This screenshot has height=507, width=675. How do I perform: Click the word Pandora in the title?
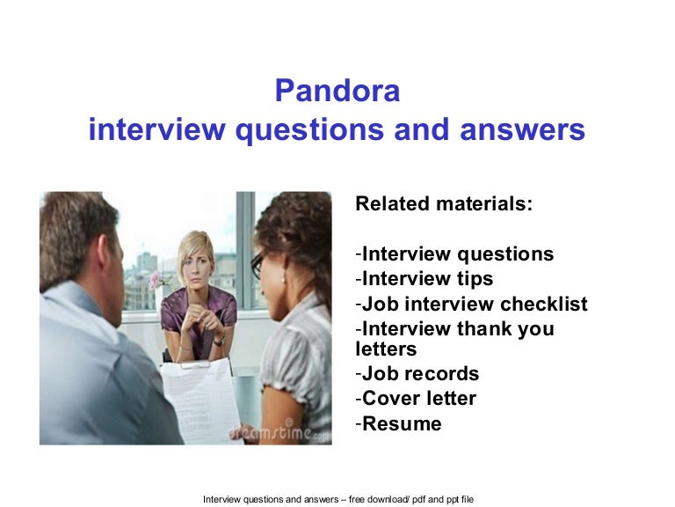(x=337, y=91)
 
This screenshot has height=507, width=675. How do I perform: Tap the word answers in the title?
(x=522, y=129)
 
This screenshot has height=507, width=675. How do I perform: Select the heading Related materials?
(x=444, y=203)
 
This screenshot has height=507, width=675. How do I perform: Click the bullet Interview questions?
(x=454, y=253)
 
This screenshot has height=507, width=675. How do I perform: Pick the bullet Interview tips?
(x=425, y=278)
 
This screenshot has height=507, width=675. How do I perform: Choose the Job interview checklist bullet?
(x=471, y=304)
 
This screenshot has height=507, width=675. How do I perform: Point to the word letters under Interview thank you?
(x=386, y=349)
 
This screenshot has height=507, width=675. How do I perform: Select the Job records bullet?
(x=417, y=373)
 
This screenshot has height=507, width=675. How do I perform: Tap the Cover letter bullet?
(x=416, y=399)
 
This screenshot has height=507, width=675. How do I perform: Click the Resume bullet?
(x=399, y=423)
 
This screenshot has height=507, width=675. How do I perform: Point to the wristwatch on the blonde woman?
(x=220, y=341)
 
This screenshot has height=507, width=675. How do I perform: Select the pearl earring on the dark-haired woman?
(x=283, y=280)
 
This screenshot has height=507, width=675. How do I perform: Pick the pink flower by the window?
(x=155, y=280)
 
